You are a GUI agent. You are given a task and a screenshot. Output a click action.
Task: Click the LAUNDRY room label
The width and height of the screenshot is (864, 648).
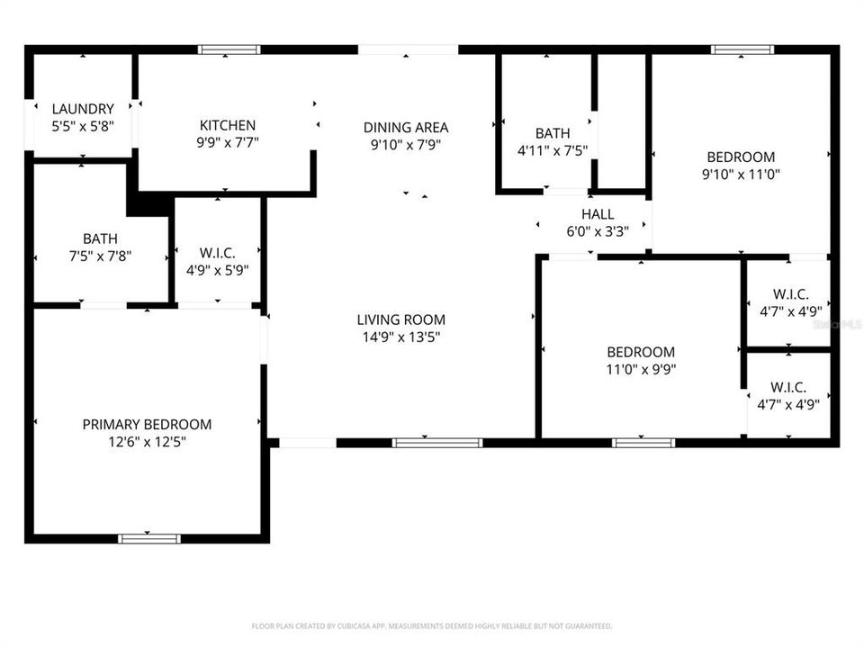click(x=83, y=109)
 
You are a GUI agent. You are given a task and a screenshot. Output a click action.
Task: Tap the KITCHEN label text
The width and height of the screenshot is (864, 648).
click(x=228, y=125)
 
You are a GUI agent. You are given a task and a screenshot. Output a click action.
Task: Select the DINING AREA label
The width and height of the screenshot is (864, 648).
click(x=405, y=127)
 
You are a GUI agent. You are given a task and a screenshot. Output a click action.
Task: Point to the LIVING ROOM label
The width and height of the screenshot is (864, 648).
click(x=400, y=319)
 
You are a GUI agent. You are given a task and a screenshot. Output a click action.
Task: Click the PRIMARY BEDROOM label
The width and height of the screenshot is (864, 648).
click(x=147, y=424)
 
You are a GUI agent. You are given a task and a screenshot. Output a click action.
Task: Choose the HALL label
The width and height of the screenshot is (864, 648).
click(x=598, y=214)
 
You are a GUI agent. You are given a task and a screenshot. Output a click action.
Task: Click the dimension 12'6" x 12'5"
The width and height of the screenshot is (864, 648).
click(x=147, y=442)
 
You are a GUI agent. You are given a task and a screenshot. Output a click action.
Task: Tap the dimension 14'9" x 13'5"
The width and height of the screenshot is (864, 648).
click(x=400, y=337)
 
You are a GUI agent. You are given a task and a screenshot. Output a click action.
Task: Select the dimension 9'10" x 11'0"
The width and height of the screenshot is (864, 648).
click(x=740, y=174)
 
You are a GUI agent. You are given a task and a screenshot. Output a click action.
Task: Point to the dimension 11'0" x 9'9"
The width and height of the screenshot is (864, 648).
click(x=640, y=369)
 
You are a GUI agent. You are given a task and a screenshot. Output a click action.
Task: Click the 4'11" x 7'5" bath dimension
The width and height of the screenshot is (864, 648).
click(x=553, y=150)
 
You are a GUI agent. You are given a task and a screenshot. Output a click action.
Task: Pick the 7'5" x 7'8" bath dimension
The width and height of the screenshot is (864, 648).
click(x=100, y=255)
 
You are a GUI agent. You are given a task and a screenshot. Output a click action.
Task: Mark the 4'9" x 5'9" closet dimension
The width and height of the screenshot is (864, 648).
click(x=217, y=268)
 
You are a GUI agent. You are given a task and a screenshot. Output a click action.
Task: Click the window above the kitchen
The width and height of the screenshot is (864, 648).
click(x=229, y=49)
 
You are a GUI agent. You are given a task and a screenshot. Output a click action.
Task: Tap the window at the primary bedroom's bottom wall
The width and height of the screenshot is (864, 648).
click(x=149, y=538)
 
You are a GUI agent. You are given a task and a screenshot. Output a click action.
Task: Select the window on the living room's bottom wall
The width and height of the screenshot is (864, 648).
click(x=437, y=442)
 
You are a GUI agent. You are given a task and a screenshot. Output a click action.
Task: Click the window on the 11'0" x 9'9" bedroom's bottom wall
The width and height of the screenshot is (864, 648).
click(x=643, y=442)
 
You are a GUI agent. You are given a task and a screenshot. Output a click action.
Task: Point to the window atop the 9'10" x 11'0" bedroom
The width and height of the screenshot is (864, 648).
click(x=742, y=49)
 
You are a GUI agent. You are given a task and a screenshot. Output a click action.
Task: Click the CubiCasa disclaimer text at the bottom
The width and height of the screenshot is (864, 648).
click(x=432, y=625)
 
